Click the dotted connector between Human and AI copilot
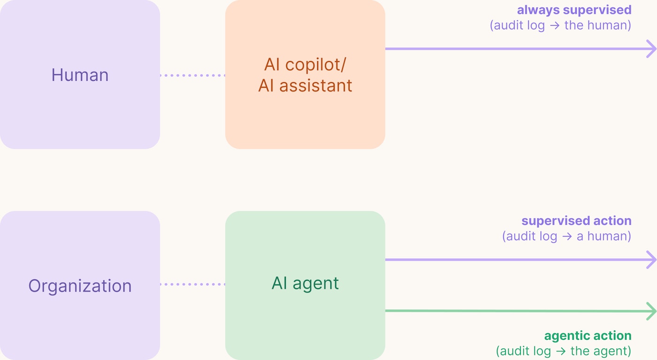point(192,75)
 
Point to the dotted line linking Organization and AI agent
point(192,284)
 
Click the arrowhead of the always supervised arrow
point(651,49)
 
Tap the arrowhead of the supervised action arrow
point(651,260)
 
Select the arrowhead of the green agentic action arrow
point(651,311)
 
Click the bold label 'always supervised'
point(574,10)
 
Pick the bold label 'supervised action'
point(576,221)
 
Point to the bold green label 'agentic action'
point(588,336)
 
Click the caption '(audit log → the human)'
point(560,25)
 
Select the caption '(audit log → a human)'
point(566,236)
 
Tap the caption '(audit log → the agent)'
point(563,351)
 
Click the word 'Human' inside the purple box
point(80,75)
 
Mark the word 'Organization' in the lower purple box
point(80,286)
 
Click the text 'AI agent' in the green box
point(305,283)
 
